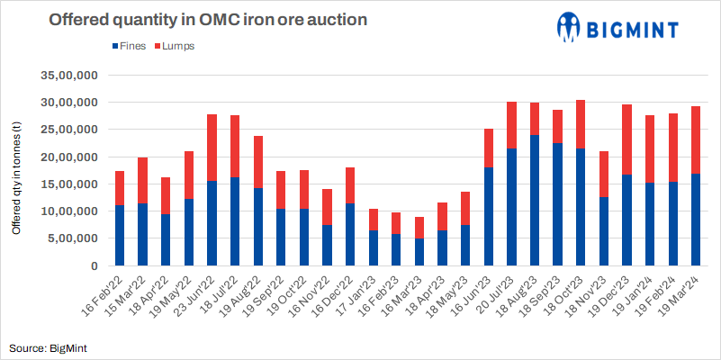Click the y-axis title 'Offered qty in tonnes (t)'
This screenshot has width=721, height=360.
click(x=16, y=171)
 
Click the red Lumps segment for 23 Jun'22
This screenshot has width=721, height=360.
click(x=212, y=148)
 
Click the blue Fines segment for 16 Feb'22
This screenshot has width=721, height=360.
click(x=120, y=236)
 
